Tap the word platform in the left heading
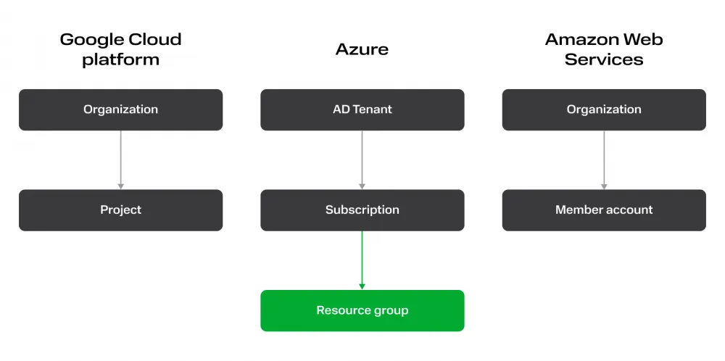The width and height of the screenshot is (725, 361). point(120,59)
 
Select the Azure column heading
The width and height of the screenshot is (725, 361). point(362,49)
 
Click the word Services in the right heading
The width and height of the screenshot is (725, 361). point(604,59)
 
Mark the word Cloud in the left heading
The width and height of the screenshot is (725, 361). point(154,40)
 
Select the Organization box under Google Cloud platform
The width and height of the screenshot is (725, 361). point(120,109)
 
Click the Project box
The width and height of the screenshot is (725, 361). point(120,210)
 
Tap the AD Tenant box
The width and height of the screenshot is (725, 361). point(362,109)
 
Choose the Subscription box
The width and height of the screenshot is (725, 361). point(362,210)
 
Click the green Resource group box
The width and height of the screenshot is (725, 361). point(362,311)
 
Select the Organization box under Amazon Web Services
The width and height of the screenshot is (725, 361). point(604,109)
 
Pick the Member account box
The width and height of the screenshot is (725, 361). point(604,210)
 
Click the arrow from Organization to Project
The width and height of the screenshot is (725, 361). point(120,159)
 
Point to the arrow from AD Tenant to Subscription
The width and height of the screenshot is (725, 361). point(362,159)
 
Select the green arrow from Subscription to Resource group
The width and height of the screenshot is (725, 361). point(362,260)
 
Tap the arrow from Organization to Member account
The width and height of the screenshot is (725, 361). point(604,159)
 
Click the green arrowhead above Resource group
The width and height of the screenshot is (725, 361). point(362,286)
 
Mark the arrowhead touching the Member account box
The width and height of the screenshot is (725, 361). point(604,186)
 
